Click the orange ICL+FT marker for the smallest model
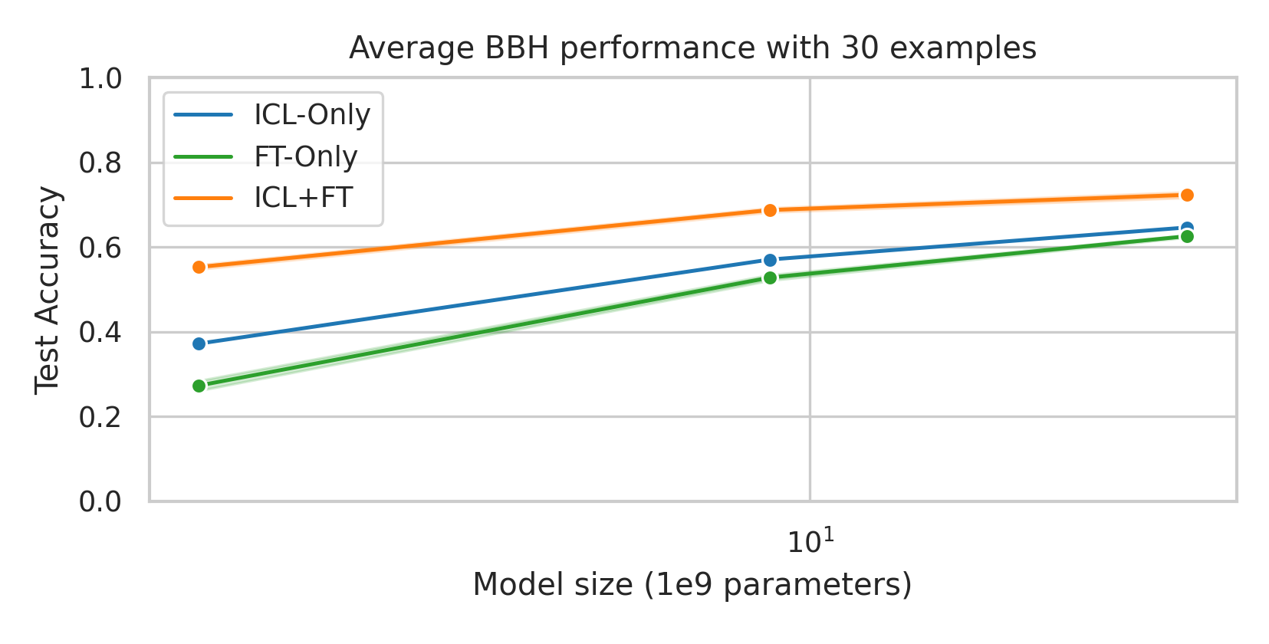199,267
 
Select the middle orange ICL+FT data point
770,210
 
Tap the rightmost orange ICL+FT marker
1187,195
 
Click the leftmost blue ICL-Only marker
199,343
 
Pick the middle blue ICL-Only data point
770,260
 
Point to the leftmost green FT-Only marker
199,386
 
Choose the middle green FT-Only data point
770,278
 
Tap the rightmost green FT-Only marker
1187,236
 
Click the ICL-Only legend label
312,115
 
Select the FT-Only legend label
306,156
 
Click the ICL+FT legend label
303,198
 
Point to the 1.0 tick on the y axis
100,78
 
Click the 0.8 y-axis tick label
100,163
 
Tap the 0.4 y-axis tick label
100,333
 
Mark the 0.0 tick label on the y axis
100,502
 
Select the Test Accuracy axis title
48,290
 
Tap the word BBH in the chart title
517,48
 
